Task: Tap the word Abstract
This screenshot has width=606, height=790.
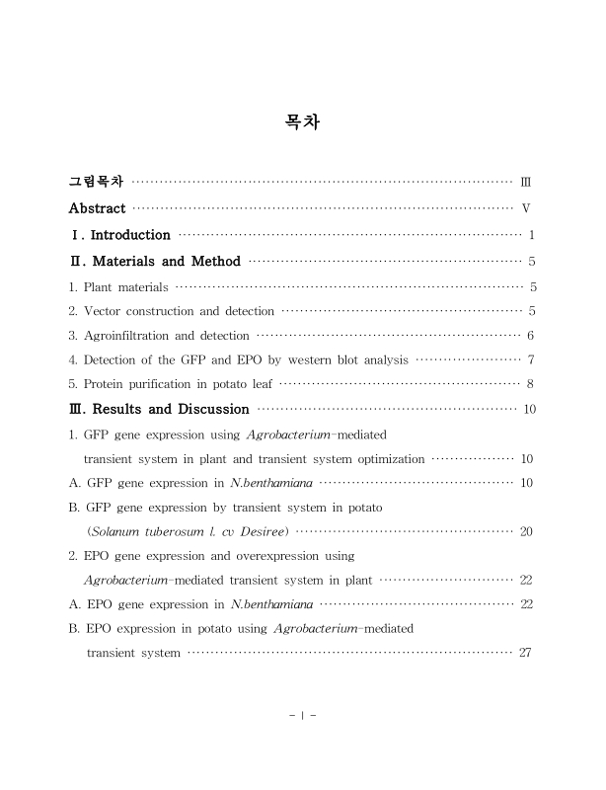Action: click(97, 208)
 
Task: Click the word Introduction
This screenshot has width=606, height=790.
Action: click(130, 235)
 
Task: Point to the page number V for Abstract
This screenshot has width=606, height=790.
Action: click(526, 208)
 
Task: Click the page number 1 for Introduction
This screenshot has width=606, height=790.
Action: click(531, 235)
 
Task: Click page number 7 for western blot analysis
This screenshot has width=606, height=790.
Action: click(531, 359)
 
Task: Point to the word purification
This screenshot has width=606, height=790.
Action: click(173, 383)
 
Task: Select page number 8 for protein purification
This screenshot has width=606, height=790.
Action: click(531, 383)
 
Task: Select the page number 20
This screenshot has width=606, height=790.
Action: click(526, 531)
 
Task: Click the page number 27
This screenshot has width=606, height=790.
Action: click(526, 653)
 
